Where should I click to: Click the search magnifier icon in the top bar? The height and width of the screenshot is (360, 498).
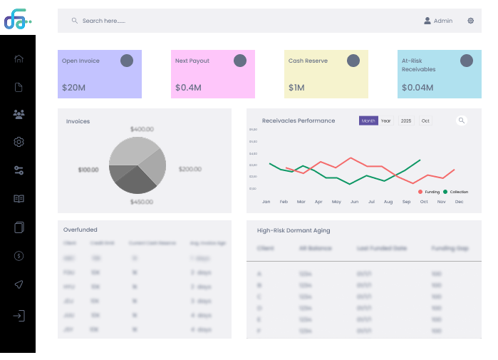point(75,21)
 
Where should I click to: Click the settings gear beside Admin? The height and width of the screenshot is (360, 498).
point(471,21)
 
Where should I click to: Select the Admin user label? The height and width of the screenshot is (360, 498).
point(442,21)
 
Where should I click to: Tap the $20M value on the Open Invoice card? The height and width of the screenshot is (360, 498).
point(73,88)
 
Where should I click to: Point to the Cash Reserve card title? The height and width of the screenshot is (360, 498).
point(308,61)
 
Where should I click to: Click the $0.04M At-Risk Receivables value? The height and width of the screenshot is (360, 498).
point(417,88)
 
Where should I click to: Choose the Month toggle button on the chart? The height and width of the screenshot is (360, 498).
point(368,121)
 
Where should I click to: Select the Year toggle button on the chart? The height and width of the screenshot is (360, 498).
point(386,121)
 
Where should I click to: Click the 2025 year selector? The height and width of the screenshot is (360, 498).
point(406,121)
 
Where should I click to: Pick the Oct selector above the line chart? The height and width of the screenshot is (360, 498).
point(425,121)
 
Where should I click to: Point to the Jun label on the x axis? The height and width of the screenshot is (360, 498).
point(354,202)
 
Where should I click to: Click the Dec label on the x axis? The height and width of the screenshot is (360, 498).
point(459,202)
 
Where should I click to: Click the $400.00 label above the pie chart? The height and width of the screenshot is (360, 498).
point(142,129)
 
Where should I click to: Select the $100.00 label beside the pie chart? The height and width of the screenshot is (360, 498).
point(88,170)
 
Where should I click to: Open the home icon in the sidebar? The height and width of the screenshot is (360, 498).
point(19,58)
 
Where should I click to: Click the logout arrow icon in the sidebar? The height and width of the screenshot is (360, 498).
point(19,315)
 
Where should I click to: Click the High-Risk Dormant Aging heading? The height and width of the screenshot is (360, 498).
point(294,230)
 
